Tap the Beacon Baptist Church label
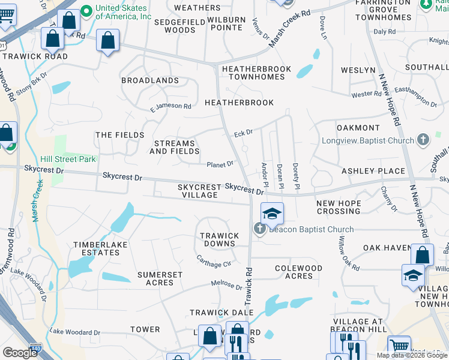click(311, 229)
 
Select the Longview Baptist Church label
click(375, 140)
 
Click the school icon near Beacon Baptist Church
click(272, 214)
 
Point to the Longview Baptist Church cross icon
click(423, 140)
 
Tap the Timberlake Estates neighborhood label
click(97, 248)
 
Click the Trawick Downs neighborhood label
click(219, 239)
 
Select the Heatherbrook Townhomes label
click(256, 73)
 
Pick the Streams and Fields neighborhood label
click(175, 148)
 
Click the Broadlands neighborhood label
click(150, 80)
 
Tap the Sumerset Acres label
click(160, 278)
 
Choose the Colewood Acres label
click(298, 272)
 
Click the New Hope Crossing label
click(339, 207)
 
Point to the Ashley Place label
click(373, 171)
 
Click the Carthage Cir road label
click(214, 261)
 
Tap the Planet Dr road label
click(220, 164)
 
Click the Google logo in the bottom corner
click(20, 353)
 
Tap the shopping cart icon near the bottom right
click(399, 346)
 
